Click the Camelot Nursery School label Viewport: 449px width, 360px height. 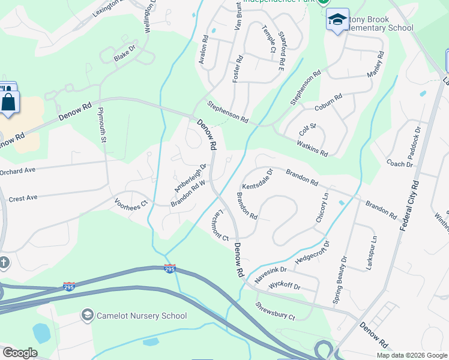(x=141, y=316)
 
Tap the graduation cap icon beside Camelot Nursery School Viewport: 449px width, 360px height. (x=88, y=315)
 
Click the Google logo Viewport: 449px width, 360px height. (x=20, y=353)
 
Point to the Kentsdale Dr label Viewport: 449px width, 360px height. (x=258, y=179)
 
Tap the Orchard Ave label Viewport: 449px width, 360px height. (x=17, y=170)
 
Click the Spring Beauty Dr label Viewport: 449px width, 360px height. (x=340, y=280)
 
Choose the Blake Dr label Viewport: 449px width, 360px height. (x=125, y=54)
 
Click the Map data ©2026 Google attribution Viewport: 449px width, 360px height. (x=412, y=355)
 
